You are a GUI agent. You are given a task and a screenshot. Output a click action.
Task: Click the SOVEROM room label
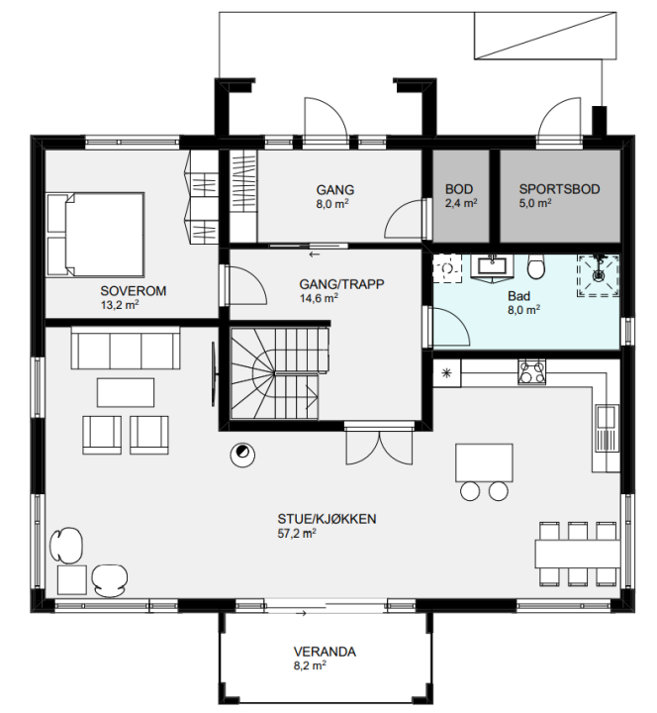134,291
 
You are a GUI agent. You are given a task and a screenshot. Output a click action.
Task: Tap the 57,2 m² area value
297,534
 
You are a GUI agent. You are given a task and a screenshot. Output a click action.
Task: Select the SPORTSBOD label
559,189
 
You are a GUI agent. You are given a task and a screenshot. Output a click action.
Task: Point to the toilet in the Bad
536,267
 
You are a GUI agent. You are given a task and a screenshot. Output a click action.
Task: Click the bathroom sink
492,267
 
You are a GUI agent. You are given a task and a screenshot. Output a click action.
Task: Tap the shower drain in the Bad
599,275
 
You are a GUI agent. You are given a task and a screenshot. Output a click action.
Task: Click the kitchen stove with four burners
531,372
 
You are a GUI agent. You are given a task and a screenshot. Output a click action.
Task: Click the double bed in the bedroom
96,235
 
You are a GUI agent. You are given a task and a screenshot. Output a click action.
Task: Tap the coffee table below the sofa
126,392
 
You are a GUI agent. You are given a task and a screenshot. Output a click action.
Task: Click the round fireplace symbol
242,455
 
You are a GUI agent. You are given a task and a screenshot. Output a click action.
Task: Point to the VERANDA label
325,652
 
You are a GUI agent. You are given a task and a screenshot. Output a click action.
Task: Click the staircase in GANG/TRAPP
279,373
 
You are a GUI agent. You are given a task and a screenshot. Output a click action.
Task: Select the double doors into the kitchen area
379,446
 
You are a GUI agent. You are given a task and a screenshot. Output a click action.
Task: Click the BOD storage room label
459,189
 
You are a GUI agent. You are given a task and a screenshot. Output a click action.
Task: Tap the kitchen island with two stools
485,471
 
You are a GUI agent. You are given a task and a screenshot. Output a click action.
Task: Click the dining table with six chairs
578,554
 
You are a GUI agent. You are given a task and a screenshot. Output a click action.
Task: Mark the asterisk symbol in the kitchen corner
446,373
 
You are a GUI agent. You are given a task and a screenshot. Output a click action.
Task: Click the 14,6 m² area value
319,298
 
